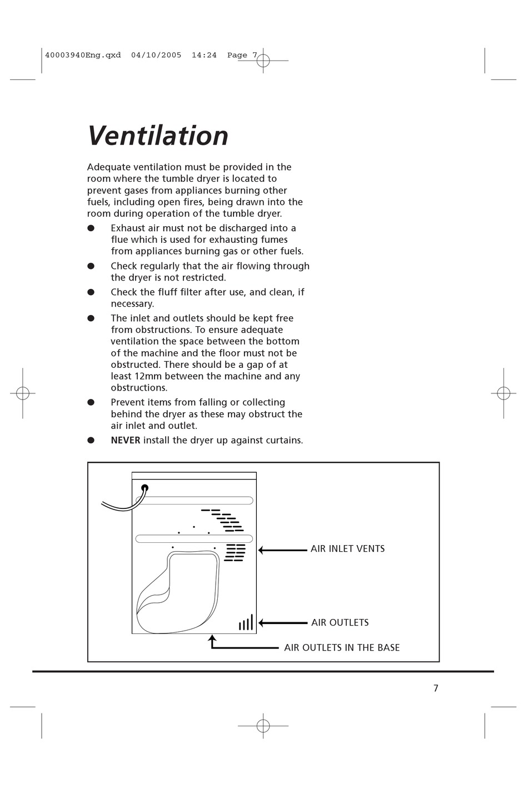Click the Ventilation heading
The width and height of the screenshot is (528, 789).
point(158,136)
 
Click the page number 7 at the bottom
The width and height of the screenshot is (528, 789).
point(436,688)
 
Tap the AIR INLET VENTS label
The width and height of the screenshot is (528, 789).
point(347,549)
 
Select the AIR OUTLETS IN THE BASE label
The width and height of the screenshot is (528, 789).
point(342,648)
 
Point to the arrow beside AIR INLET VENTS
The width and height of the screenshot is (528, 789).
point(282,550)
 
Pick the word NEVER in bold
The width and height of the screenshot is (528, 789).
point(126,441)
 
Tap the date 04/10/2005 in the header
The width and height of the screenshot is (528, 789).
point(156,55)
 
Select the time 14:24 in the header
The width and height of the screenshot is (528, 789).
point(204,55)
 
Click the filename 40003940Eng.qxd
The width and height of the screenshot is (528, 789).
point(83,55)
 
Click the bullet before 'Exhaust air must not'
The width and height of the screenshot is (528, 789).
point(91,228)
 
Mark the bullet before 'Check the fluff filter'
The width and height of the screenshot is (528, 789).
point(91,292)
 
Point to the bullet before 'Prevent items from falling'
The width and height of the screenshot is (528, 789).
point(91,402)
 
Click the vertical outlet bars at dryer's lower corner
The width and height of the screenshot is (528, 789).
point(246,623)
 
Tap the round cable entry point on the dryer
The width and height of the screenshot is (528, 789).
point(145,488)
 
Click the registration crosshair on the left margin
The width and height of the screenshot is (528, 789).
point(22,393)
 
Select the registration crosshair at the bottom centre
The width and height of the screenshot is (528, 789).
point(263,726)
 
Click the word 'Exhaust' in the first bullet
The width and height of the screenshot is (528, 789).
point(128,228)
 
